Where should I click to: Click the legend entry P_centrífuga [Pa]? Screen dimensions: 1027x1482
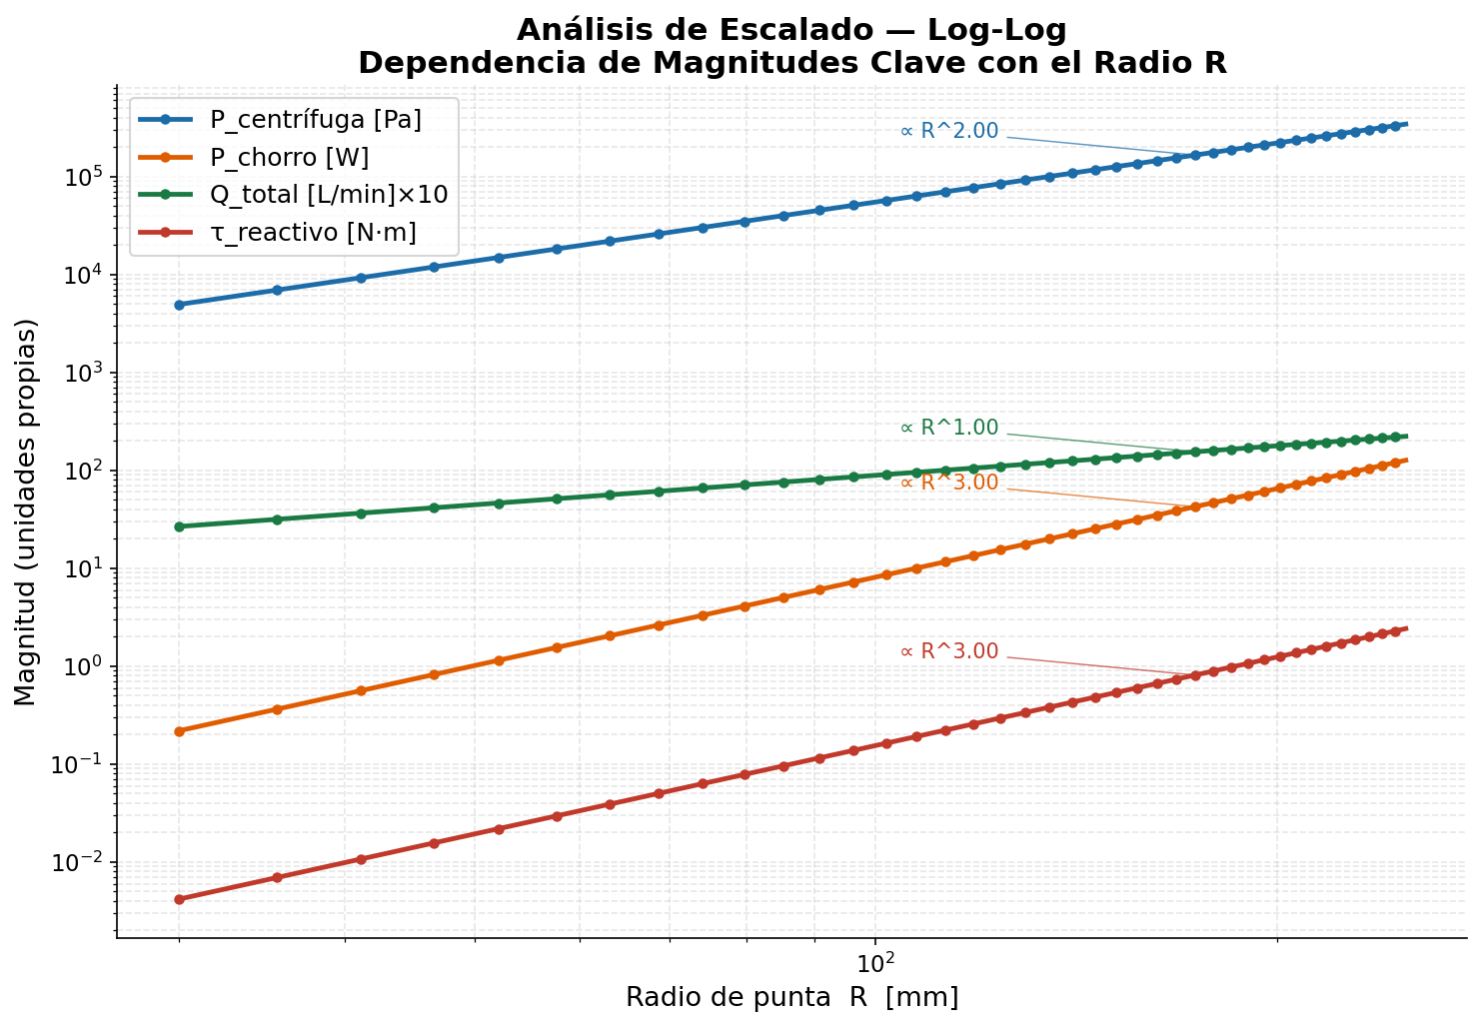(x=315, y=120)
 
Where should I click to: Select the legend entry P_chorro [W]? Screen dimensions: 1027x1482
(x=289, y=158)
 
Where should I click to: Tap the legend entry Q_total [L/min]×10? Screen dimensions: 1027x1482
(x=328, y=195)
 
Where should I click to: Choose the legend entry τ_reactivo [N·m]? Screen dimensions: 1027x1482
(x=312, y=233)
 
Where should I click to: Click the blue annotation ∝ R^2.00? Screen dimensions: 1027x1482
(x=949, y=132)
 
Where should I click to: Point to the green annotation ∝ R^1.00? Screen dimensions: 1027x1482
(x=949, y=428)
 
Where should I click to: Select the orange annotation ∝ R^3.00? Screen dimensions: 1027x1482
(x=949, y=483)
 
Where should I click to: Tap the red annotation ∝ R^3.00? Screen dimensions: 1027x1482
(x=949, y=651)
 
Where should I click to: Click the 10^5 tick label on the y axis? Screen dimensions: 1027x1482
(x=84, y=178)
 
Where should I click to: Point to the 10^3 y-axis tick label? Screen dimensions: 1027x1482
(x=84, y=374)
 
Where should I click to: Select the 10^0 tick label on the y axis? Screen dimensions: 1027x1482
(x=84, y=667)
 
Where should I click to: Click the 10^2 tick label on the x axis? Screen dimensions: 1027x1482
(x=875, y=962)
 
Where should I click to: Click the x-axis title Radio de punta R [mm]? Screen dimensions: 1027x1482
(x=791, y=997)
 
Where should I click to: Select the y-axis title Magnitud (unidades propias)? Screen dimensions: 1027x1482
(x=26, y=512)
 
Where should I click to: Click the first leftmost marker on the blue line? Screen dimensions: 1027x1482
(x=179, y=305)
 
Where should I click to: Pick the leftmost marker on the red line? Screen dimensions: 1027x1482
(x=179, y=899)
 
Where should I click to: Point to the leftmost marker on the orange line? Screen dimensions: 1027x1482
(x=179, y=731)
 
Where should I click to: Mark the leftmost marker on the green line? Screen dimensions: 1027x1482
(x=179, y=526)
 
